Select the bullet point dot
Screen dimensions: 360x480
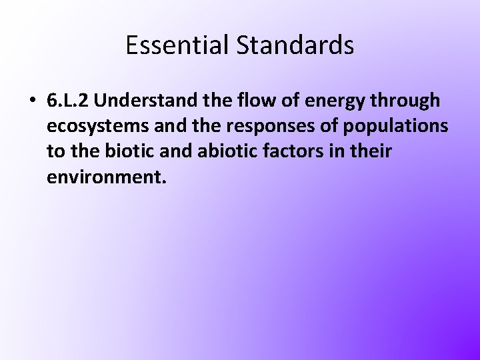(32, 101)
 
